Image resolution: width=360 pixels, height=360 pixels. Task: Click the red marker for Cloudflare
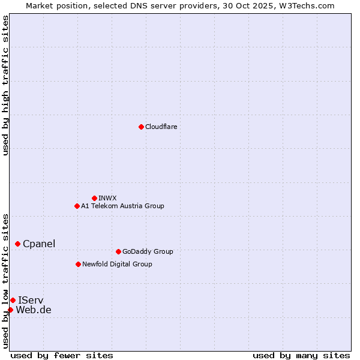pos(141,127)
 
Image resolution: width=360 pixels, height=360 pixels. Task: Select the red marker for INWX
pos(94,198)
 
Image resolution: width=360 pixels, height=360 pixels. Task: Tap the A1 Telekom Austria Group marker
pos(77,206)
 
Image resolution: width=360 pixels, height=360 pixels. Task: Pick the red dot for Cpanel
pos(17,244)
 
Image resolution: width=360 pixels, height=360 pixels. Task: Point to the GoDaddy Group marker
pos(118,251)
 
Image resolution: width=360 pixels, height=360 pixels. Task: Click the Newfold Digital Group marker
pos(78,264)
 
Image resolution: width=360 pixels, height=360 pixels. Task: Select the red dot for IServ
pos(13,300)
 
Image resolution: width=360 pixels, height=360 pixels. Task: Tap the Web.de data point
pos(10,310)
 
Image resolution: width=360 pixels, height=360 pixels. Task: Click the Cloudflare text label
pos(161,127)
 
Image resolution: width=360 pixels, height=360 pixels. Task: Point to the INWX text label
pos(107,198)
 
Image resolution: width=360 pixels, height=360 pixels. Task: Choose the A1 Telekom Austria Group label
pos(122,206)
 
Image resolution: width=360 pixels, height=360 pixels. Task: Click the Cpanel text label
pos(39,244)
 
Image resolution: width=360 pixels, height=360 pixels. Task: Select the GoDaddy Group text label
pos(148,251)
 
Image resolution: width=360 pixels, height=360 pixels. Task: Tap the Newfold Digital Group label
pos(117,264)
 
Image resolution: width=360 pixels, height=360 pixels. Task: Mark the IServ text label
pos(31,300)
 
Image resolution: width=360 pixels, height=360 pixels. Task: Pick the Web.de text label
pos(34,310)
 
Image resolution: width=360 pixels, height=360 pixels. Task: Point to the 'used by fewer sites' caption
pos(62,355)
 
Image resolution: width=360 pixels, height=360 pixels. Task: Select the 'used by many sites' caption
pos(301,355)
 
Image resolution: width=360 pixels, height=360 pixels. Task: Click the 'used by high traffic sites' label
pos(5,85)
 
